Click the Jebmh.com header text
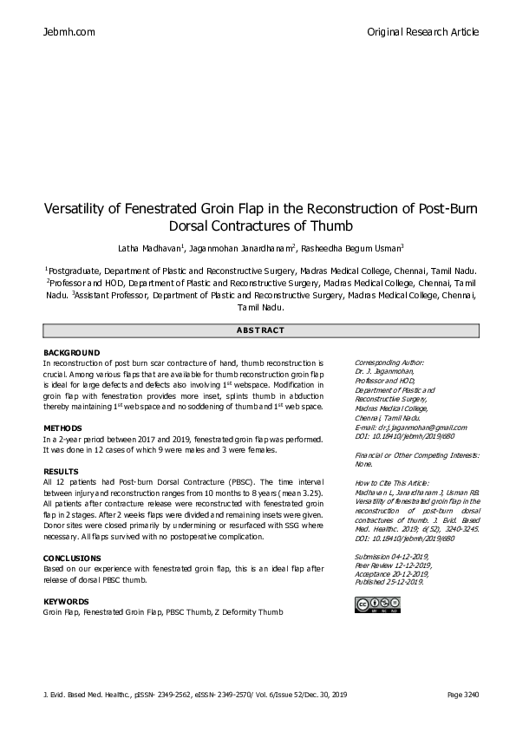tap(69, 32)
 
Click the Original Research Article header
tap(422, 32)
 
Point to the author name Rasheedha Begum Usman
tap(358, 247)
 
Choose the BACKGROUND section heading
tap(71, 353)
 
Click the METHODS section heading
tap(62, 428)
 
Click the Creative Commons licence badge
tap(376, 604)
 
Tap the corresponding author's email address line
tap(411, 427)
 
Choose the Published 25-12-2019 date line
tap(389, 581)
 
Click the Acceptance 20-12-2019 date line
tap(392, 572)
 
